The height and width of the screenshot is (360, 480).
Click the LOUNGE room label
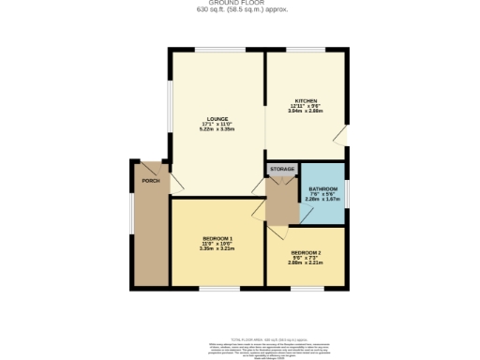click(x=217, y=118)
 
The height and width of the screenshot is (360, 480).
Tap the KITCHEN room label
click(x=307, y=100)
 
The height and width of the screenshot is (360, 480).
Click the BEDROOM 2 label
click(x=306, y=253)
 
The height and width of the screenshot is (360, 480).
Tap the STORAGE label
click(x=282, y=169)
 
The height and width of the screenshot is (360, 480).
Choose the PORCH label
click(x=149, y=179)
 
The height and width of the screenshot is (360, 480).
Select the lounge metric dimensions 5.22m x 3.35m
click(x=217, y=129)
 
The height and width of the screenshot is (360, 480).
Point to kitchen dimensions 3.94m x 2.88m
click(x=307, y=112)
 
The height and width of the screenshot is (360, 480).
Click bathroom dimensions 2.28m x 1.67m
click(x=322, y=200)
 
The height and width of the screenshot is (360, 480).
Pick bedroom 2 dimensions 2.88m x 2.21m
click(x=306, y=264)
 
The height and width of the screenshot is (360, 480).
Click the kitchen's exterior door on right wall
click(x=344, y=137)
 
